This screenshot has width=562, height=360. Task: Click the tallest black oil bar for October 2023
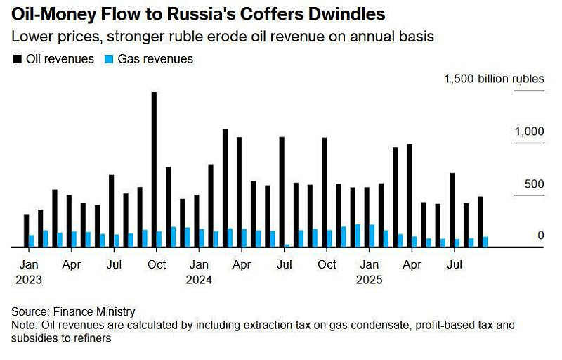tap(154, 169)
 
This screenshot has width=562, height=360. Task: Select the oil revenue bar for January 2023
tap(27, 231)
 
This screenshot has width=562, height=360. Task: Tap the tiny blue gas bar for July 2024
tap(287, 245)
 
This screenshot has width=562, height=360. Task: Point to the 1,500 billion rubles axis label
tap(494, 79)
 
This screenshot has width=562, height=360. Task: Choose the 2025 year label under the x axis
tap(369, 279)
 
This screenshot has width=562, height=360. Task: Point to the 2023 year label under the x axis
tap(27, 279)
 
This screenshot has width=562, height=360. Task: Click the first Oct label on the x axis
tap(156, 265)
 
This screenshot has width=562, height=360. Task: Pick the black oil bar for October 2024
tap(324, 193)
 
